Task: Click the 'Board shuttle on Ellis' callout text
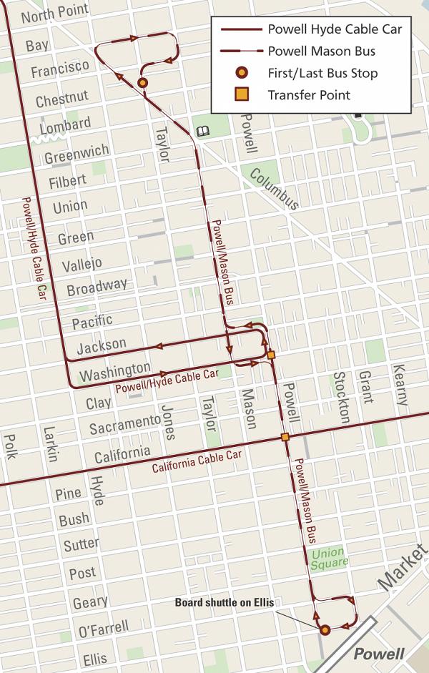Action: [x=225, y=602]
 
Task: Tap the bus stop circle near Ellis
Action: [x=325, y=630]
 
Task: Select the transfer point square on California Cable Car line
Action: [x=285, y=437]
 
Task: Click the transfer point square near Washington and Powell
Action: [x=271, y=354]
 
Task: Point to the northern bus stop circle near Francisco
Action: [x=142, y=83]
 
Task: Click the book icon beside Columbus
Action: [x=202, y=131]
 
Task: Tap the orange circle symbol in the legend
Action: [x=242, y=73]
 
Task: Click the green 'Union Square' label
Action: [x=330, y=557]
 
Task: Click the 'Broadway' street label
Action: [x=97, y=286]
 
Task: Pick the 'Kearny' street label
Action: [x=400, y=386]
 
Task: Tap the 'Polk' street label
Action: [x=10, y=447]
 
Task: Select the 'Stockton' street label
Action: [x=341, y=396]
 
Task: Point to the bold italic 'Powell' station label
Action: [x=379, y=654]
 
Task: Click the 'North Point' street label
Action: [x=55, y=11]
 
